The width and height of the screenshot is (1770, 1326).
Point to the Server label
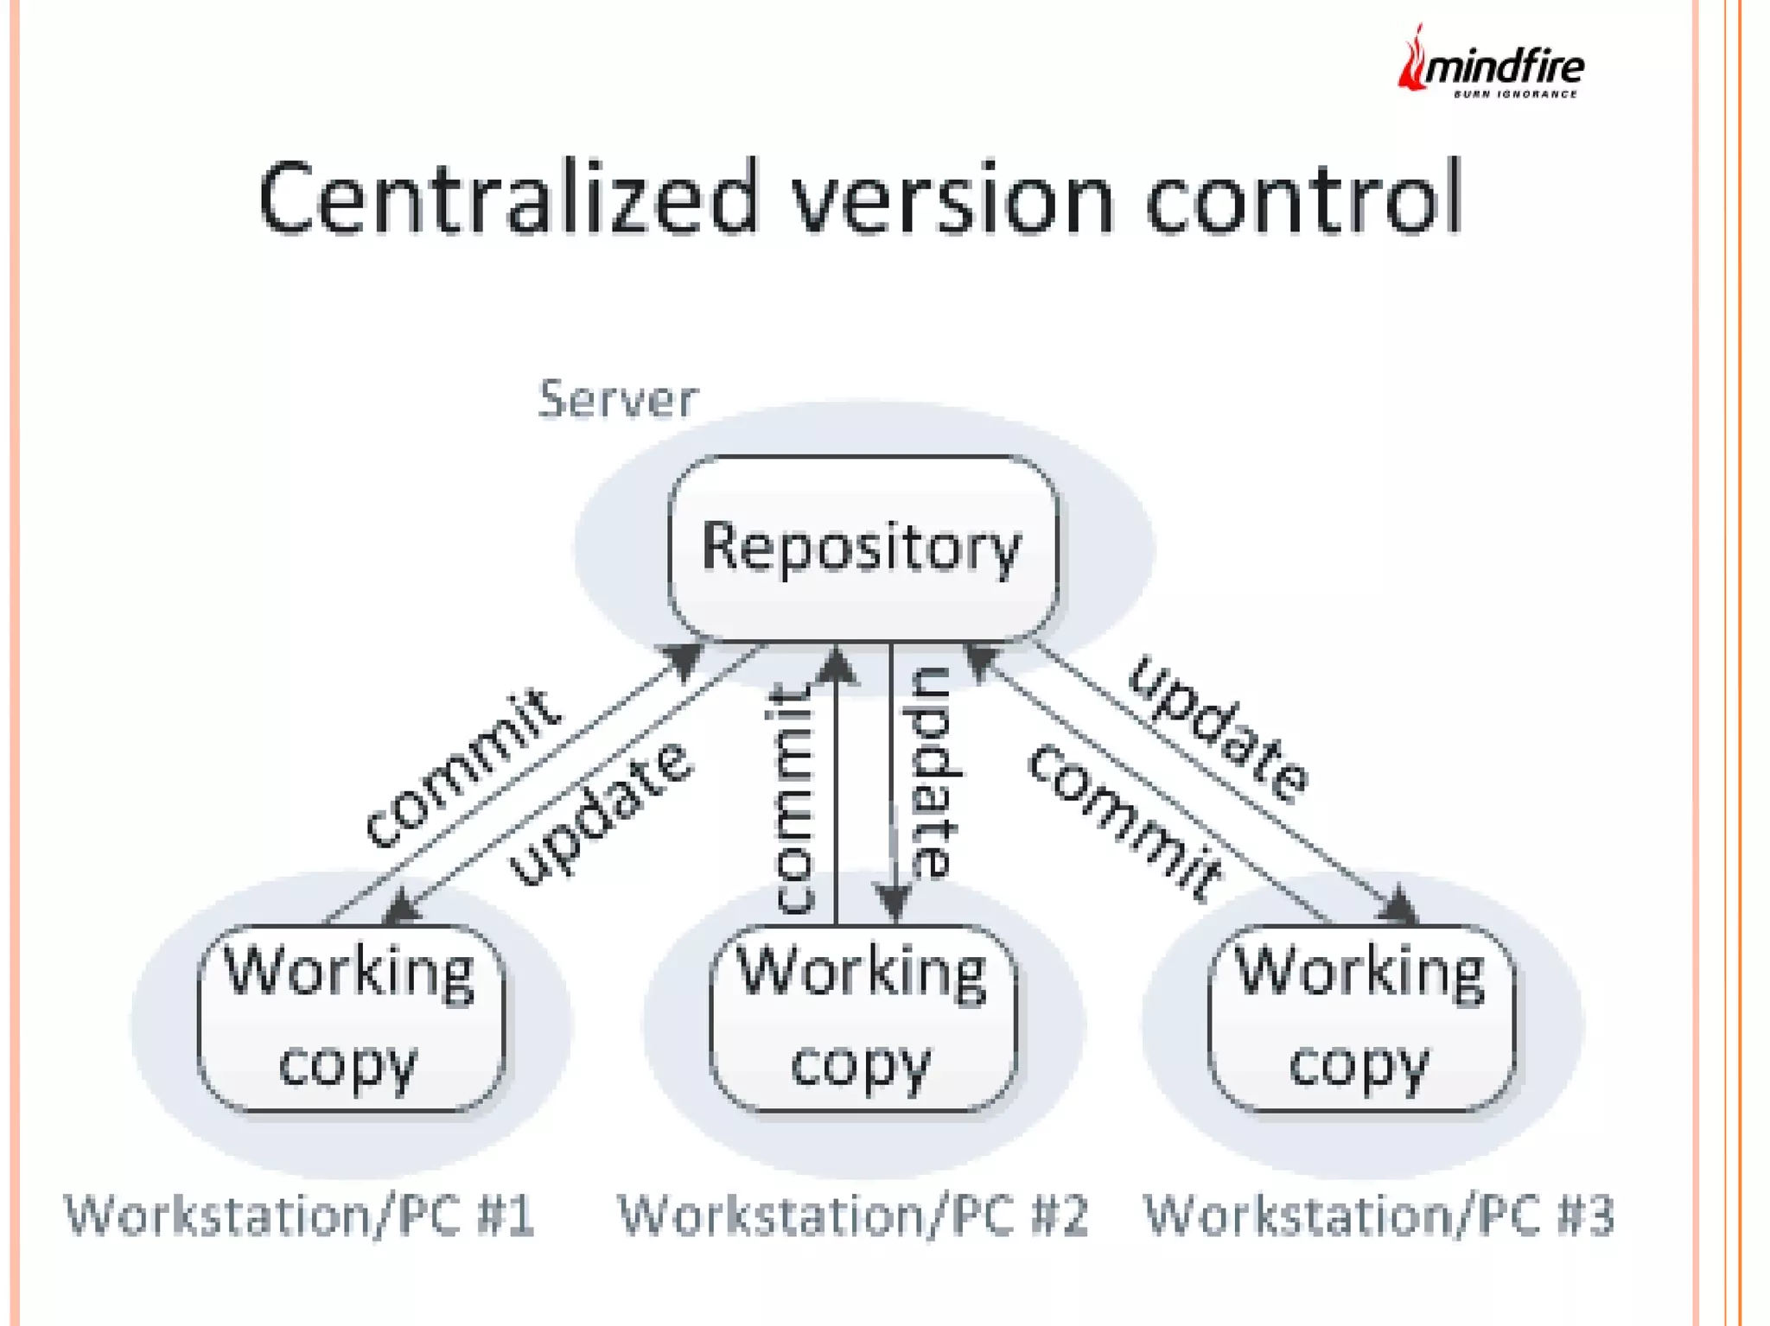(617, 399)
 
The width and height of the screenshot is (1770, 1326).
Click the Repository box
(863, 548)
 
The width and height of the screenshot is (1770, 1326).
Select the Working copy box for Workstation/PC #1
(350, 1017)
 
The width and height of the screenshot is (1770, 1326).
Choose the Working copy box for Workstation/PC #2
(862, 1017)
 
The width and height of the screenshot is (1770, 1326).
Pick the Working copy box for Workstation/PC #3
(1360, 1017)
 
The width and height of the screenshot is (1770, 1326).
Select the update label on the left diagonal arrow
(601, 814)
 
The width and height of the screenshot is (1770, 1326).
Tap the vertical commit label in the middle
(792, 798)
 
